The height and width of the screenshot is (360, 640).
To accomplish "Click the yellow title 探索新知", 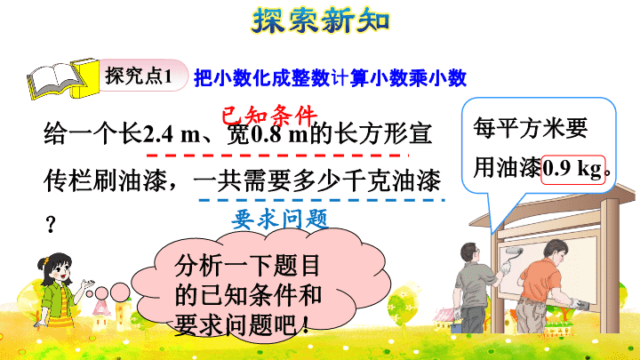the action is coord(320,20).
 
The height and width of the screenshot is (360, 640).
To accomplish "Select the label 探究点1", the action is coord(139,76).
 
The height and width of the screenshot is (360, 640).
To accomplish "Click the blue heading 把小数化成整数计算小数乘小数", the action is coord(330,78).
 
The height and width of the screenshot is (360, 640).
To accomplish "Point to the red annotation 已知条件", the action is coord(269,115).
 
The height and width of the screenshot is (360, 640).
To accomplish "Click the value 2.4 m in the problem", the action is coord(172,134).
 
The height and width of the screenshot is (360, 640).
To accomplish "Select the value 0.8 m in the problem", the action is coord(280,134).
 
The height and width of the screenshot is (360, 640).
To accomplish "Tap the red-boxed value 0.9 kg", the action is coord(572,170).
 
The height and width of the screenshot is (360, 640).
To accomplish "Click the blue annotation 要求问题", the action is coord(280,220).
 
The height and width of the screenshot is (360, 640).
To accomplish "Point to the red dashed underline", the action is coord(277,156).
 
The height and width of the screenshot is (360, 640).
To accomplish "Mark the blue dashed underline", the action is coord(322,200).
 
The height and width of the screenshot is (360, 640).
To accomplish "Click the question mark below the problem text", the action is coord(51,225).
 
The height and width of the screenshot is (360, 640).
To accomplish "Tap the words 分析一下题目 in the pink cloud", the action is coord(247,266).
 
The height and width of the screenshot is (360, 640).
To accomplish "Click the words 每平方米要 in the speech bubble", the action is coord(530,128).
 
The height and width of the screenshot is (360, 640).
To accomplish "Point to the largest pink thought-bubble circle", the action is coord(120,292).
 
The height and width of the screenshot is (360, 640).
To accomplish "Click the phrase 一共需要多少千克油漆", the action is coord(317,180).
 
